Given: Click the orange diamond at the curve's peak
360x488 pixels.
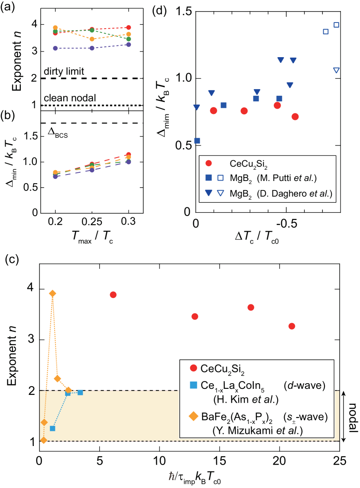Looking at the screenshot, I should [x=52, y=294].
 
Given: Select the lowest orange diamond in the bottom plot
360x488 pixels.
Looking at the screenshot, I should [x=43, y=440].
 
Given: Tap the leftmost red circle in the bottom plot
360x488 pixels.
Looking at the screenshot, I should [x=113, y=295].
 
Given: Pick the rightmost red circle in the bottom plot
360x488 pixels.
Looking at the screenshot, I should [x=292, y=326].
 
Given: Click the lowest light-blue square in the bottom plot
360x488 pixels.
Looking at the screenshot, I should [x=52, y=428].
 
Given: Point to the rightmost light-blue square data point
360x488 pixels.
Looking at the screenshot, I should [x=80, y=392].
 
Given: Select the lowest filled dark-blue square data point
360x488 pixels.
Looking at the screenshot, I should [x=197, y=140].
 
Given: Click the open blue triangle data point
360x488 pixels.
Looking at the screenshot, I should [x=336, y=70].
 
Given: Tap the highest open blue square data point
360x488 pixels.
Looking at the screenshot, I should [x=336, y=25].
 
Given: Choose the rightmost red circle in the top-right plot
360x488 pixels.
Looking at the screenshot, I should [x=295, y=116].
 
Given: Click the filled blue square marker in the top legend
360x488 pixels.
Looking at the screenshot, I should [x=208, y=178].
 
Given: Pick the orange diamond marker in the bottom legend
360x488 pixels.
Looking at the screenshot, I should [x=194, y=417].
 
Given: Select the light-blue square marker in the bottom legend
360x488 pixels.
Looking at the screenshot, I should [x=194, y=385].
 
